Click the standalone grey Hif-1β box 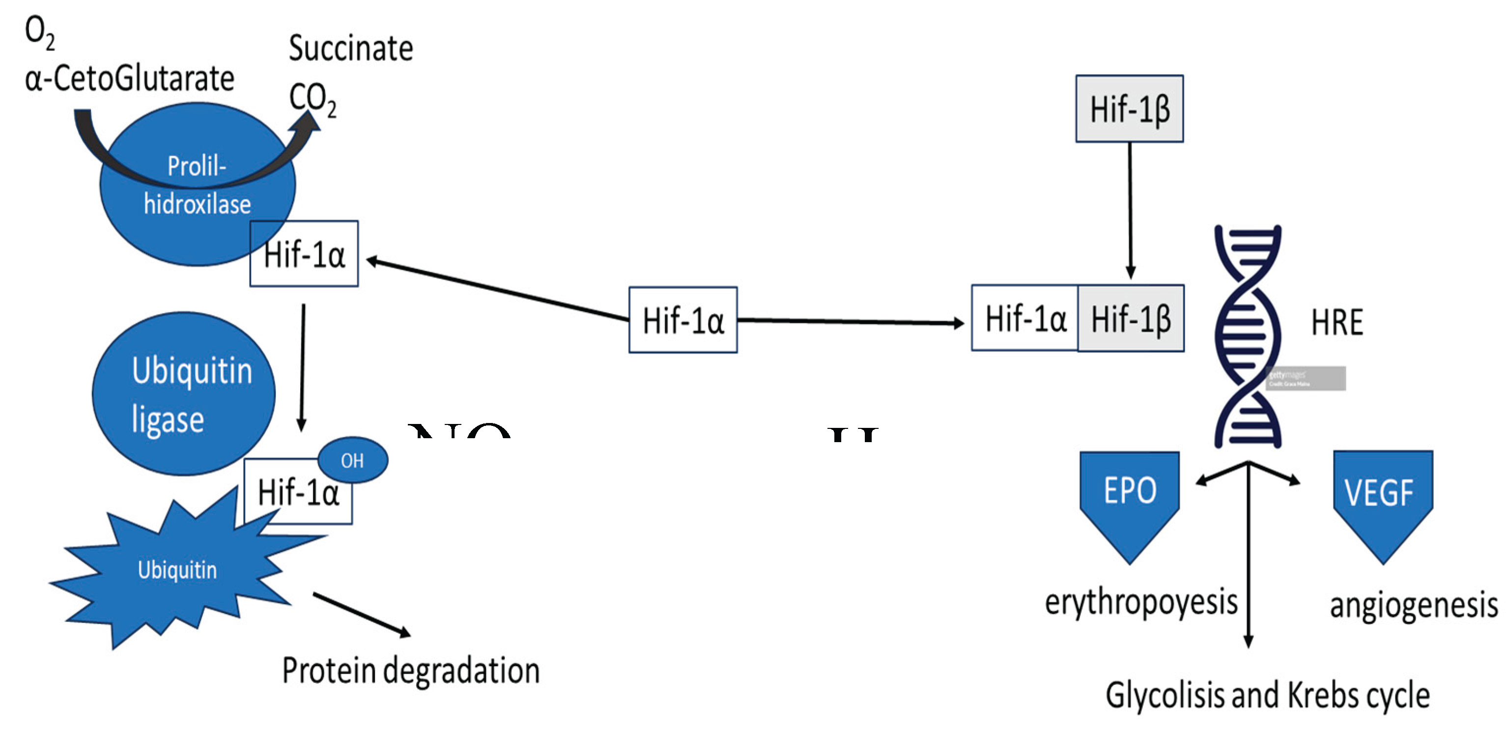coord(1129,109)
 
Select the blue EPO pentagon coord(1129,498)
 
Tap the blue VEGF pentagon coord(1382,498)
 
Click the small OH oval coord(352,460)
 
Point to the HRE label coord(1337,322)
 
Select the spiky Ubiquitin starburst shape coord(170,571)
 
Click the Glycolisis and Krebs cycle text coord(1267,695)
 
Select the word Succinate coord(350,48)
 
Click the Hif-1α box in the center coord(683,320)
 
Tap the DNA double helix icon coord(1248,337)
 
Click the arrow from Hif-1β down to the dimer coord(1130,211)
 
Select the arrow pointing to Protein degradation coord(362,615)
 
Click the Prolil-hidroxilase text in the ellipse coord(197,185)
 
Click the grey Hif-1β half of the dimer coord(1130,319)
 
